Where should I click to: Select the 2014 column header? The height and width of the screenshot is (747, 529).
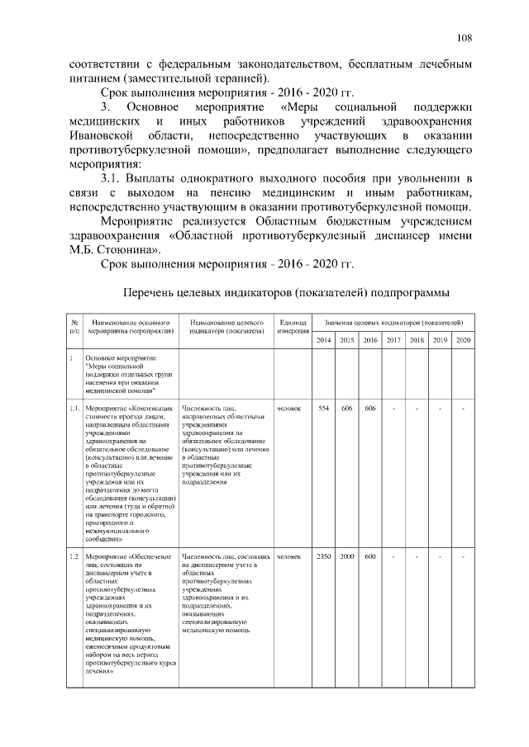[324, 340]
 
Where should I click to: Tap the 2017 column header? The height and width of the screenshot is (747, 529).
[393, 340]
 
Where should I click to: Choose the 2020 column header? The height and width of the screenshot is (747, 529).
[463, 340]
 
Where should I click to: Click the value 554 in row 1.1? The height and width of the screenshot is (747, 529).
[324, 409]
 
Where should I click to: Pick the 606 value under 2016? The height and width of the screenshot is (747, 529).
[370, 409]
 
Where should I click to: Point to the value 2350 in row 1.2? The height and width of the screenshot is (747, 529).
[324, 556]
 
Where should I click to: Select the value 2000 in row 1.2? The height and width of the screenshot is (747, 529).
[347, 556]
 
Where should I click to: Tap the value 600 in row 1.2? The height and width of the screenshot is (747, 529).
[370, 556]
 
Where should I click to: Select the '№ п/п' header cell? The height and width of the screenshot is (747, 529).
[74, 325]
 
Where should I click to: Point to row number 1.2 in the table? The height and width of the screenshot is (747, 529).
[74, 556]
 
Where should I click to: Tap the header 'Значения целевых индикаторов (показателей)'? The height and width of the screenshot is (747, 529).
[393, 320]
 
